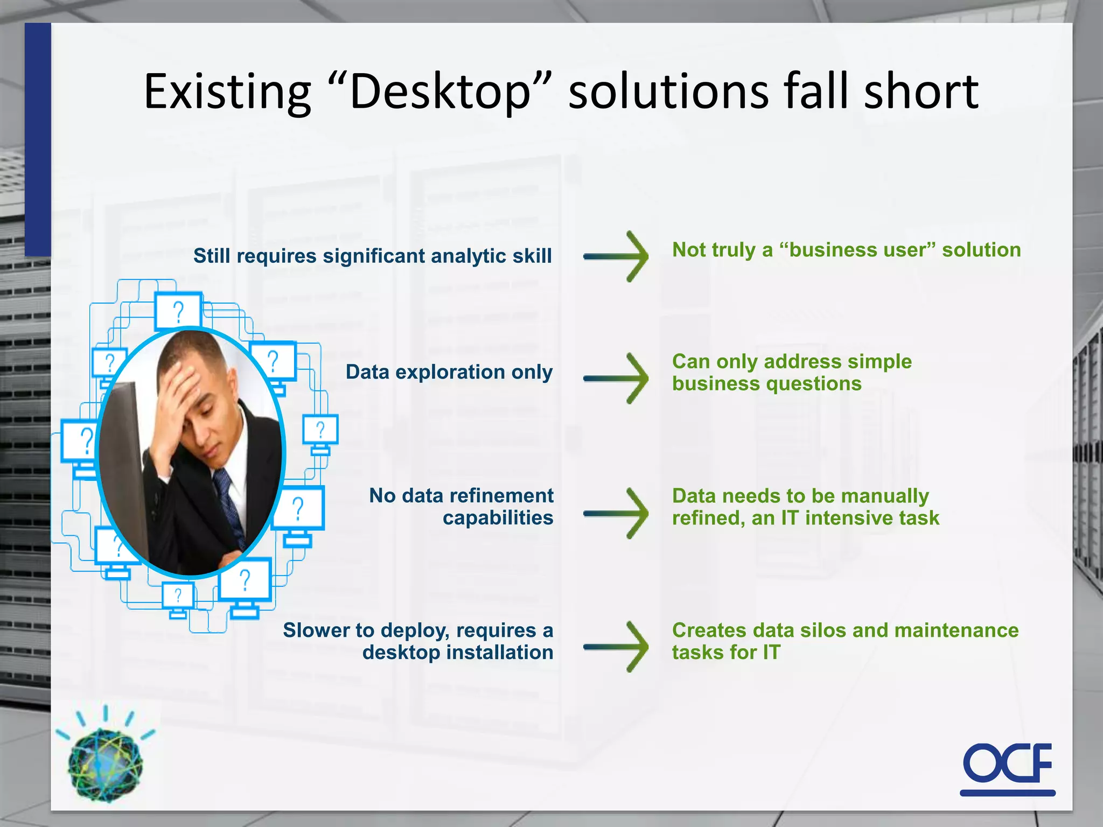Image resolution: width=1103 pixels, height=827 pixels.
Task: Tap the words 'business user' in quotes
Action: (857, 250)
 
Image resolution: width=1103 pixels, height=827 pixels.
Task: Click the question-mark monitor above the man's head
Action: (178, 311)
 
